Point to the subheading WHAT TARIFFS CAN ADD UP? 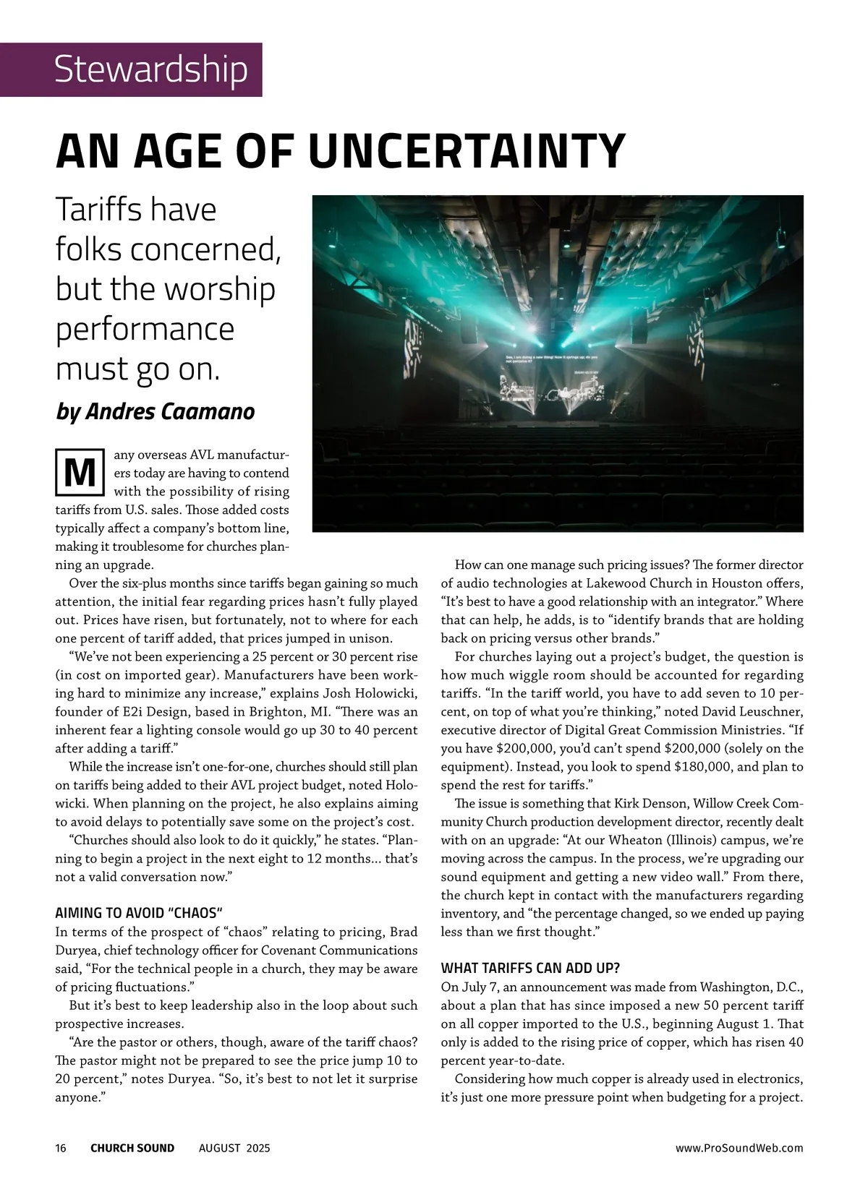530,968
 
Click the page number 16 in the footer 61,1148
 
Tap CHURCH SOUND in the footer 132,1148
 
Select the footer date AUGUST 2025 234,1148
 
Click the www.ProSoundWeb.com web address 739,1148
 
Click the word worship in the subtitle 220,289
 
